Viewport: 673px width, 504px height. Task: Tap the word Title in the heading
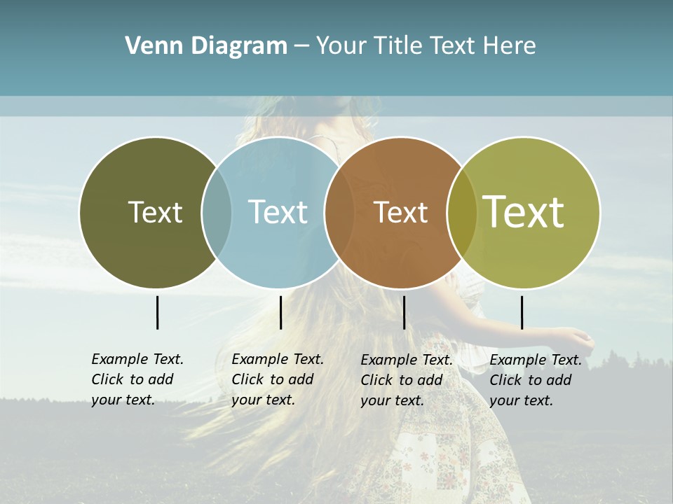pyautogui.click(x=398, y=46)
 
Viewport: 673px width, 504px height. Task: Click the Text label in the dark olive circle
pyautogui.click(x=155, y=212)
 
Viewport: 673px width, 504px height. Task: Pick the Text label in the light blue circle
pyautogui.click(x=278, y=212)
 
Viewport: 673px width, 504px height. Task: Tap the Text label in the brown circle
pyautogui.click(x=400, y=212)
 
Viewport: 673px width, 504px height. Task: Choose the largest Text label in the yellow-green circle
pyautogui.click(x=524, y=212)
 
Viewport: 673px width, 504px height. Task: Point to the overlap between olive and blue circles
pyautogui.click(x=217, y=212)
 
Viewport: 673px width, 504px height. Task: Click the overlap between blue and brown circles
pyautogui.click(x=339, y=212)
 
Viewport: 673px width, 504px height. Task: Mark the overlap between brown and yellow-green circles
pyautogui.click(x=461, y=212)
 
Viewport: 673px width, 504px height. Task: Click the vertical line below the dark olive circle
pyautogui.click(x=157, y=312)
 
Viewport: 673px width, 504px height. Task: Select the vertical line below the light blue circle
pyautogui.click(x=280, y=312)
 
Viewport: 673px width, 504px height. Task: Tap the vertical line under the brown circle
pyautogui.click(x=404, y=312)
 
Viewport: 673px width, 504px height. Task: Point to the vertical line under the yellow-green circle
pyautogui.click(x=522, y=312)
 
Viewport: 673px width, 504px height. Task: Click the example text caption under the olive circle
pyautogui.click(x=137, y=379)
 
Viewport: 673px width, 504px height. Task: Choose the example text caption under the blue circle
pyautogui.click(x=278, y=379)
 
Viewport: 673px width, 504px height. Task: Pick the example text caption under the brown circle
pyautogui.click(x=407, y=380)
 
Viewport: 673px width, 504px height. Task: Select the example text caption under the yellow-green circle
pyautogui.click(x=536, y=380)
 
